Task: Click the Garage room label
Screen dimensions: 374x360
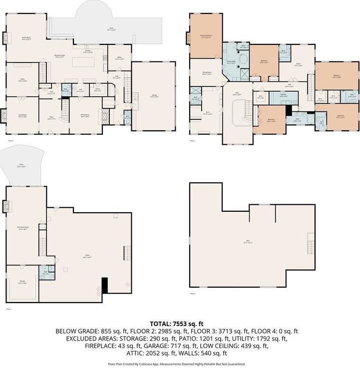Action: pos(154,96)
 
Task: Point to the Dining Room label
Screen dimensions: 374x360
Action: pos(85,116)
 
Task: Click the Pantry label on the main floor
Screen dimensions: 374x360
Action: pos(98,90)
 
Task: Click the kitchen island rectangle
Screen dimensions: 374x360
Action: pos(83,62)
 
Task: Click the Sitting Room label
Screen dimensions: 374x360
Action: pos(207,72)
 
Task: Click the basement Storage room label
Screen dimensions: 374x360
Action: pos(22,282)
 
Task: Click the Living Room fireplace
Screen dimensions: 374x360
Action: pos(4,116)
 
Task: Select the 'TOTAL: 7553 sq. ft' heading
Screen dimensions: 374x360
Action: pos(180,324)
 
